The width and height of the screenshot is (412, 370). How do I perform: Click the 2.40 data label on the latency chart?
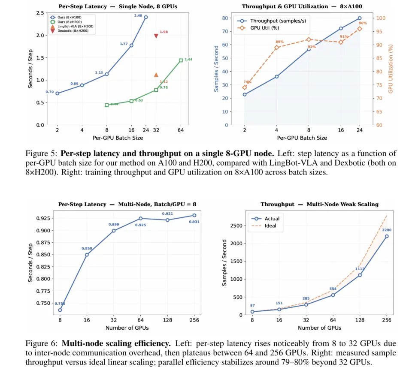point(138,16)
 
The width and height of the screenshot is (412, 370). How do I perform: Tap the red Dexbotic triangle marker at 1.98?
point(156,36)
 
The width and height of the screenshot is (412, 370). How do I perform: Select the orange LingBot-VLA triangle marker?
point(156,75)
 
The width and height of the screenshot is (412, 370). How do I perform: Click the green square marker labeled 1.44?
point(181,60)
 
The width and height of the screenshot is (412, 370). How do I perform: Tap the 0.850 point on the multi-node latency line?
point(87,255)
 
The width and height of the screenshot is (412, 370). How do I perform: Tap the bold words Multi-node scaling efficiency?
point(116,343)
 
